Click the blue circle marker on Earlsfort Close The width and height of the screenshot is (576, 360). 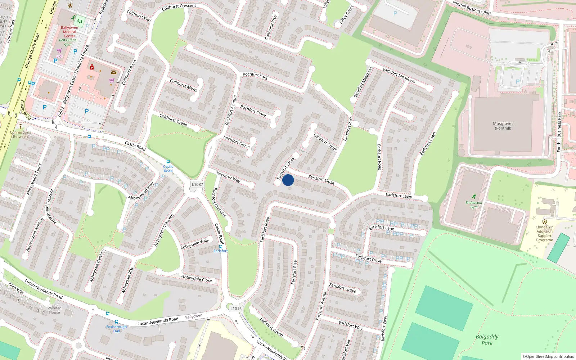click(x=288, y=180)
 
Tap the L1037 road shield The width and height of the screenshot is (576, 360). click(x=197, y=184)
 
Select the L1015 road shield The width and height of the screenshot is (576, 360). click(x=236, y=309)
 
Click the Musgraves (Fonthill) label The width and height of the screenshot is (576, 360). click(x=503, y=126)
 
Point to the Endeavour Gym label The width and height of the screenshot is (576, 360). click(x=474, y=204)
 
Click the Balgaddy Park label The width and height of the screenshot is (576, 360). click(x=487, y=339)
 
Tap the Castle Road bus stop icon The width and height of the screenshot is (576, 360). click(x=168, y=162)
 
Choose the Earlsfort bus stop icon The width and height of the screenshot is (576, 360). click(x=221, y=246)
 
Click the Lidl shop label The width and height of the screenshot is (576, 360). click(x=59, y=56)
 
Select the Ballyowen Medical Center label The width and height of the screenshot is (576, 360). click(x=69, y=32)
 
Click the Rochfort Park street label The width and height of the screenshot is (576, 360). click(x=255, y=76)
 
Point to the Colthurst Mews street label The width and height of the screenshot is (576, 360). click(x=184, y=85)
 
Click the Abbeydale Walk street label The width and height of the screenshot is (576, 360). click(x=195, y=244)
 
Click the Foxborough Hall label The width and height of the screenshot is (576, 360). click(x=116, y=329)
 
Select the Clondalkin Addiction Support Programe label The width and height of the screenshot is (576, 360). click(x=544, y=233)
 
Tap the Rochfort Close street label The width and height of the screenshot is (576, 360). click(x=253, y=111)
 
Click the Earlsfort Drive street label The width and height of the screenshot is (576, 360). click(x=368, y=258)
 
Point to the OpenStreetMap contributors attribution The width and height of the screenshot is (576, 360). click(x=548, y=356)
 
